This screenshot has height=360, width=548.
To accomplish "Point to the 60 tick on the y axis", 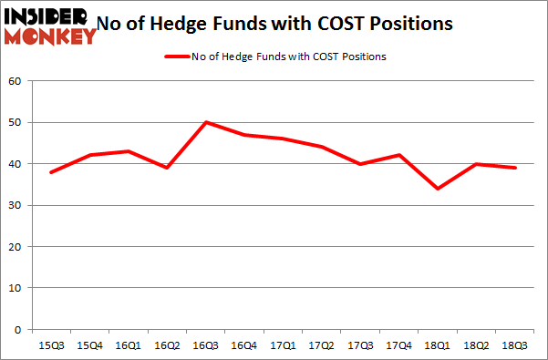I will click(16, 81).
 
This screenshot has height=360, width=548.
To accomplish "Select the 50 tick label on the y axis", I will click(16, 122).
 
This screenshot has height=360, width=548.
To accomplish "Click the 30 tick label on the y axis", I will click(16, 205).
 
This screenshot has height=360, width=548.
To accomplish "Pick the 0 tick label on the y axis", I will click(18, 329).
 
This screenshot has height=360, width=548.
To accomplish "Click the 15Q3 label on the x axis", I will click(51, 345).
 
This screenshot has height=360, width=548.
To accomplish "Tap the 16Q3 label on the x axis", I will click(205, 345).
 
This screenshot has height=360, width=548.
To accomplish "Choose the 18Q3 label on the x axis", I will click(514, 345).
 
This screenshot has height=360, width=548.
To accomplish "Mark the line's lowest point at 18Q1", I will click(438, 189).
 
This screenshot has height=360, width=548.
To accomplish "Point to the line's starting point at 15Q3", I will click(51, 172).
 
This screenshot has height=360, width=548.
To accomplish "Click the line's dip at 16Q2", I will click(167, 168).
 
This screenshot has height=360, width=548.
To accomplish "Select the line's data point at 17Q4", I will click(398, 155).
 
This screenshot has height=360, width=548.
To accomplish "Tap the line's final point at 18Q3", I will click(514, 168).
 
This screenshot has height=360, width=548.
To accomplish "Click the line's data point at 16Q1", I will click(129, 151).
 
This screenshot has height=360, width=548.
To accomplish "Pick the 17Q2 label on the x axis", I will click(321, 345).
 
